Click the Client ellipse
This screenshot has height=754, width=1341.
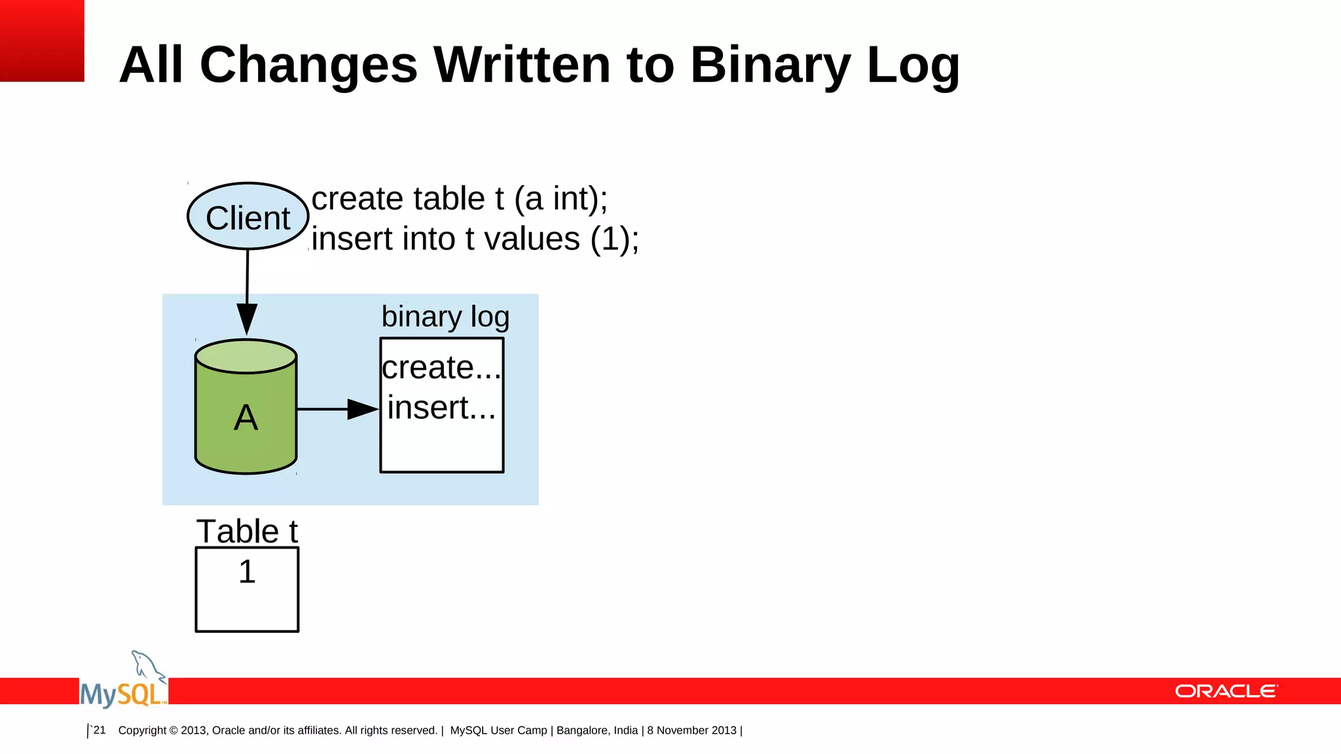coord(248,217)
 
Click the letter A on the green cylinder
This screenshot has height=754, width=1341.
coord(246,418)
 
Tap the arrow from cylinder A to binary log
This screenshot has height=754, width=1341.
coord(337,409)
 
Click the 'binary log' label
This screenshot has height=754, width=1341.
coord(445,317)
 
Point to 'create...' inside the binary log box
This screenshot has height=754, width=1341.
coord(441,367)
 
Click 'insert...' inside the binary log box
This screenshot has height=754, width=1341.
coord(441,408)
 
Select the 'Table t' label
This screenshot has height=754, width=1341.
coord(247,531)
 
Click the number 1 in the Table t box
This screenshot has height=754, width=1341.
coord(247,571)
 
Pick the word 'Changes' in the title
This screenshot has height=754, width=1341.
coord(308,65)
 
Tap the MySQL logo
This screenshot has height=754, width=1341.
coord(124,684)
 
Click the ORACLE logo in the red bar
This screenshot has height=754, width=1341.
coord(1226,691)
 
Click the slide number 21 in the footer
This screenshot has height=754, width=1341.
coord(100,730)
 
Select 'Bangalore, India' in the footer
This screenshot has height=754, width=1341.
coord(597,730)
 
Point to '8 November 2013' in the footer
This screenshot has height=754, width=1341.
coord(691,730)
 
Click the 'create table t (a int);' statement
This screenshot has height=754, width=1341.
coord(460,199)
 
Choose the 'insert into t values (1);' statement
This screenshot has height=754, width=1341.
coord(475,239)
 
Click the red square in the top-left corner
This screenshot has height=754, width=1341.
coord(42,41)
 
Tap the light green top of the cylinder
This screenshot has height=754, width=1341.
coord(246,356)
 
